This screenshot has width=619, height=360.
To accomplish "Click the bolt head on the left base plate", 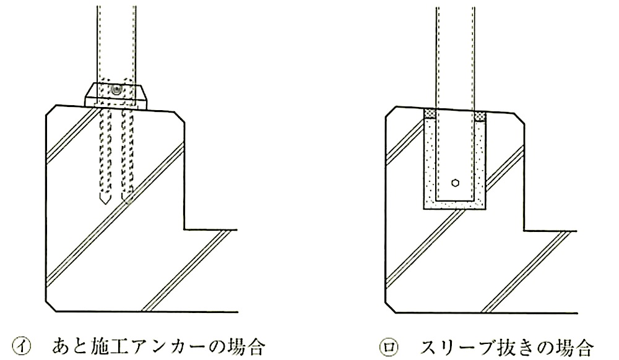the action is (x=116, y=90).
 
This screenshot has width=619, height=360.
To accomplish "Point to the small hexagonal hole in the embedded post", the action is (x=455, y=183).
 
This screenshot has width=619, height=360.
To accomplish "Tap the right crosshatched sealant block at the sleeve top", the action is (x=480, y=116).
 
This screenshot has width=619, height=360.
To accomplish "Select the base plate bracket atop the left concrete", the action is (x=116, y=95).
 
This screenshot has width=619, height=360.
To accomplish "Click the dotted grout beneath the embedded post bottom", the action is (x=455, y=204).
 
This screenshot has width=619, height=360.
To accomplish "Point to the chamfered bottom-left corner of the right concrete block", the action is (x=391, y=308).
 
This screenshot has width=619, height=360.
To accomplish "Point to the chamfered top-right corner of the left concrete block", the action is (x=180, y=118).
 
